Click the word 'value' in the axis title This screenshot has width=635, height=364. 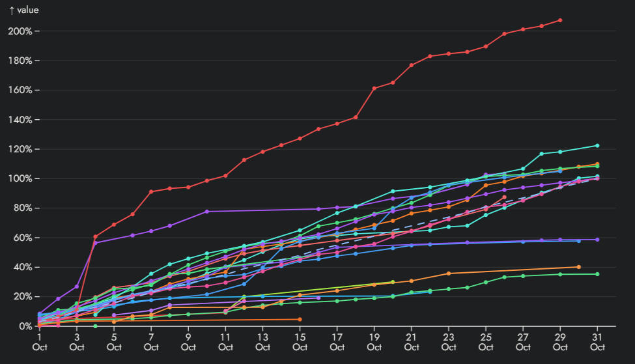28,10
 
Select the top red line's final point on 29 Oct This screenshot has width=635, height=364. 560,20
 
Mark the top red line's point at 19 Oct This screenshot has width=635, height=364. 374,89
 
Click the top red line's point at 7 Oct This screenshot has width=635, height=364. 151,191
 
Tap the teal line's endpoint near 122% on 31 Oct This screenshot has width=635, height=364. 597,146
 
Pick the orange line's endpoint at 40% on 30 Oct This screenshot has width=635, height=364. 579,267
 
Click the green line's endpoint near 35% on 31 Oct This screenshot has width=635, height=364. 597,274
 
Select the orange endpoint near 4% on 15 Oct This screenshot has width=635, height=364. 300,319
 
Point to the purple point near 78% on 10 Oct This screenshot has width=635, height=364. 206,212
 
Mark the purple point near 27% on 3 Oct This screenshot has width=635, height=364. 77,287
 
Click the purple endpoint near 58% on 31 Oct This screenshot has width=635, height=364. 597,240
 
